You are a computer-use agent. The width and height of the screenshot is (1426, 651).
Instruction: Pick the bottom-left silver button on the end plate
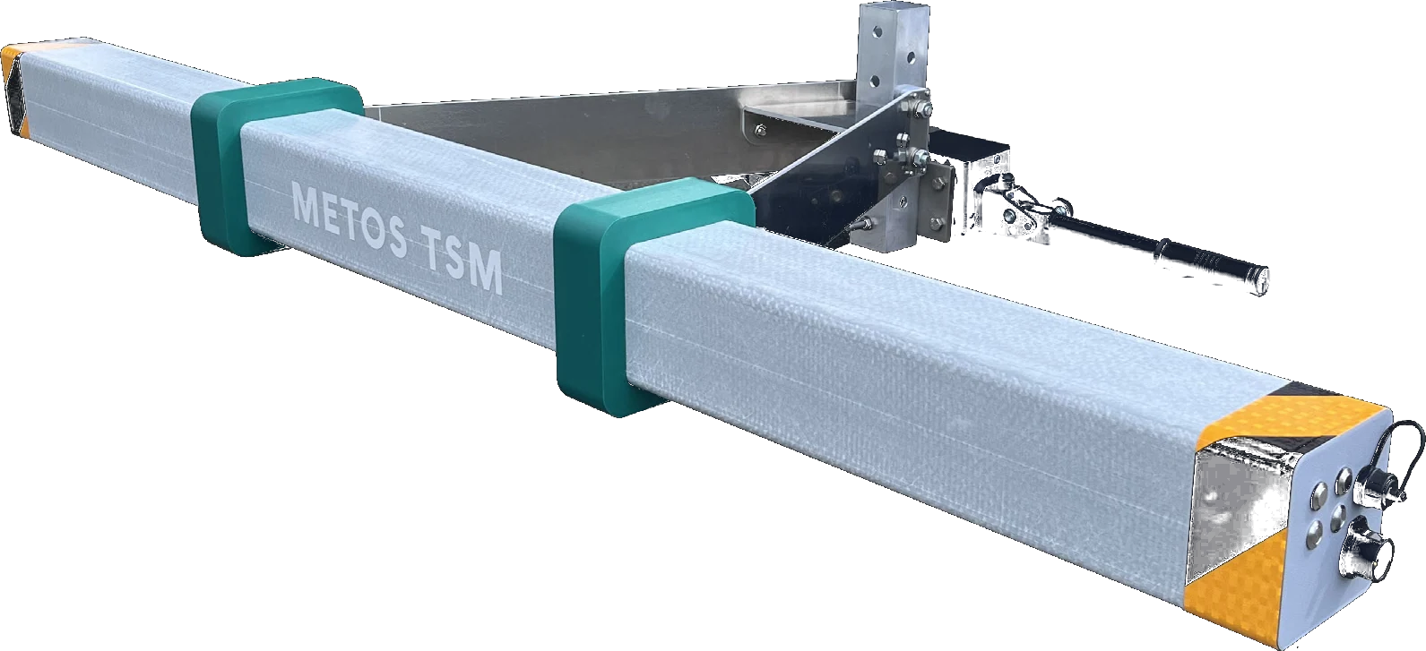(1317, 535)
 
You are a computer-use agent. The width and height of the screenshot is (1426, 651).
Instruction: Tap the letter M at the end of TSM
(484, 274)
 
